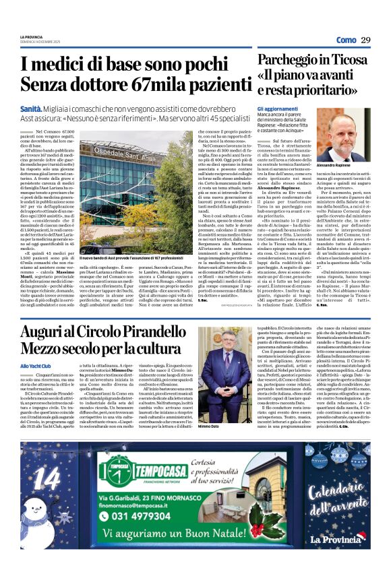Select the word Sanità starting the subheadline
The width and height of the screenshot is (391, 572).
pyautogui.click(x=51, y=108)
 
